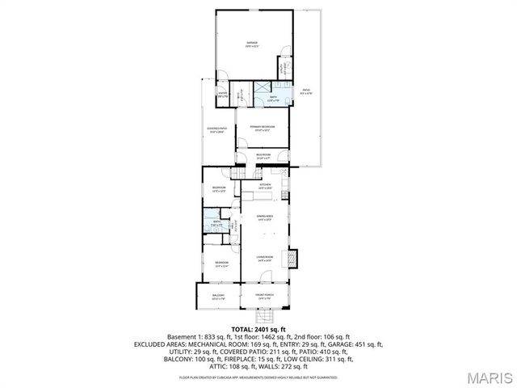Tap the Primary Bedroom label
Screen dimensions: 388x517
click(262, 127)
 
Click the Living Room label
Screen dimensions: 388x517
click(264, 258)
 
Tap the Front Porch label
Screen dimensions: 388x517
click(264, 297)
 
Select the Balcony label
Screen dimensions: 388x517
click(218, 297)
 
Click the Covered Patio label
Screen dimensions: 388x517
click(217, 129)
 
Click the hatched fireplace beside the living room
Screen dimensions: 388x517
click(294, 258)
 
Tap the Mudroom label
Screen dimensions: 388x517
click(263, 156)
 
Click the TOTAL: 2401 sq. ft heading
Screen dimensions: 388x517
click(258, 329)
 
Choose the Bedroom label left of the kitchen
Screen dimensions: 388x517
click(219, 188)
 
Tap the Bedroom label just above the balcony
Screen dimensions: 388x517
click(221, 264)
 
